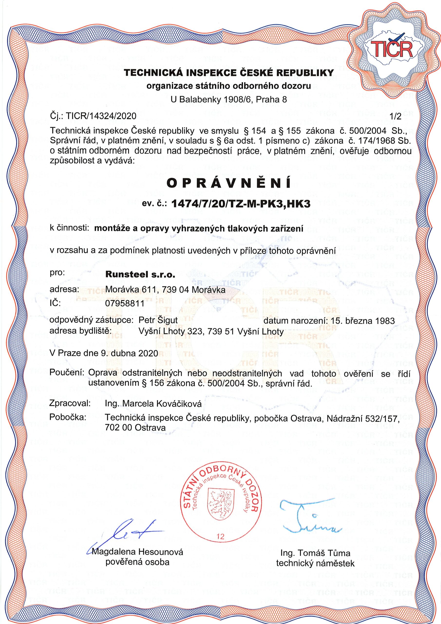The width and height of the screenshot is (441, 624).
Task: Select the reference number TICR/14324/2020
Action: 101,116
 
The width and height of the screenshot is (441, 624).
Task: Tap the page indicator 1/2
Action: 395,116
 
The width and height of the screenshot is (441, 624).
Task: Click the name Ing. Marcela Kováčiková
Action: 153,404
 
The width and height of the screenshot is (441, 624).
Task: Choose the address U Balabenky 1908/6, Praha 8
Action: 229,100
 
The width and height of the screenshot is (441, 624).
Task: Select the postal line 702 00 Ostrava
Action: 135,427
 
